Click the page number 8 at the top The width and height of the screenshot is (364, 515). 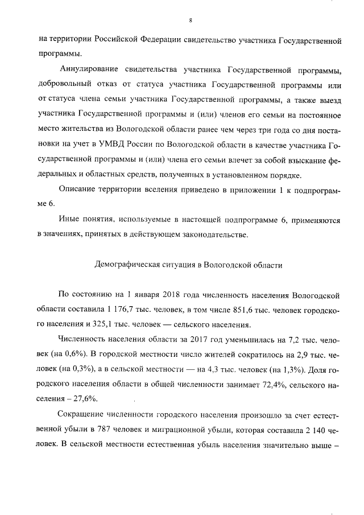coord(191,21)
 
